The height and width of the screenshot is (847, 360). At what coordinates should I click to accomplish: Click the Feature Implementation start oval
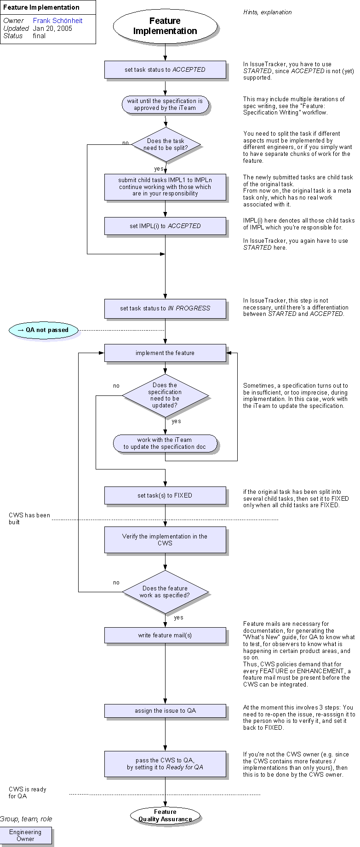coord(165,26)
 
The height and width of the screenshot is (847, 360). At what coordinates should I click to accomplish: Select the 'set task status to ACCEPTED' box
coord(165,70)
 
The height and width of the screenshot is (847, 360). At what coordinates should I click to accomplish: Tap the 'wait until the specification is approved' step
coord(165,105)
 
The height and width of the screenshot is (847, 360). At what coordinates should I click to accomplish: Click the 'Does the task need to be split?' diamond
coord(166,144)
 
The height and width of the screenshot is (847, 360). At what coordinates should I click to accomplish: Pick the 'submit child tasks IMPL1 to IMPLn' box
coord(165,187)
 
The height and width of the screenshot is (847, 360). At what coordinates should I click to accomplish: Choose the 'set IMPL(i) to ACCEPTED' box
coord(165,226)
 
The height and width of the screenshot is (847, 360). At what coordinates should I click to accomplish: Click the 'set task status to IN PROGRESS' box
coord(165,309)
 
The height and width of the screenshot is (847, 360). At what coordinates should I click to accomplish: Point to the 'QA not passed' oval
coord(44,330)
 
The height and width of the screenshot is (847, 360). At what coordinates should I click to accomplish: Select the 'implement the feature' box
coord(165,353)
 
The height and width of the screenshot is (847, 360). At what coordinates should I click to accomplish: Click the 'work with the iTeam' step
coord(165,443)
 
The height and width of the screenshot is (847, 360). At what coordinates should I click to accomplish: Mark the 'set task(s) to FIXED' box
coord(165,495)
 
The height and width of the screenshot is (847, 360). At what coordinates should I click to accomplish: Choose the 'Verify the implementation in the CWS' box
coord(165,540)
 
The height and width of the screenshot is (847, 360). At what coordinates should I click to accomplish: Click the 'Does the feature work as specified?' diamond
coord(165,592)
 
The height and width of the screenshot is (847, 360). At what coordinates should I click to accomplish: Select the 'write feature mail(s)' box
coord(165,635)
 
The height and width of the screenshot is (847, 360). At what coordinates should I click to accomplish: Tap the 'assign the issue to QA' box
coord(165,711)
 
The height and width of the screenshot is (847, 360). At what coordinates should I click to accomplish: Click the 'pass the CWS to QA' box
coord(165,764)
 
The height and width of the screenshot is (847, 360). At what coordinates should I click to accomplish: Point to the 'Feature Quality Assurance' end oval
coord(165,815)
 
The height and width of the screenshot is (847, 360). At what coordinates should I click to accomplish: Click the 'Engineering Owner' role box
coord(25,835)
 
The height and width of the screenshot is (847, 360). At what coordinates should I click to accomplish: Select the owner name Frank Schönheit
coord(57,21)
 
